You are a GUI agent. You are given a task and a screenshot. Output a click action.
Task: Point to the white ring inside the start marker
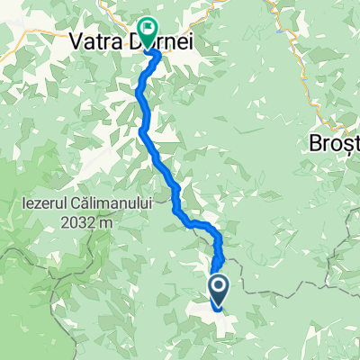(219, 287)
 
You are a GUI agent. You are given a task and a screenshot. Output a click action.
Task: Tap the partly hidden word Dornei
(175, 41)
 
